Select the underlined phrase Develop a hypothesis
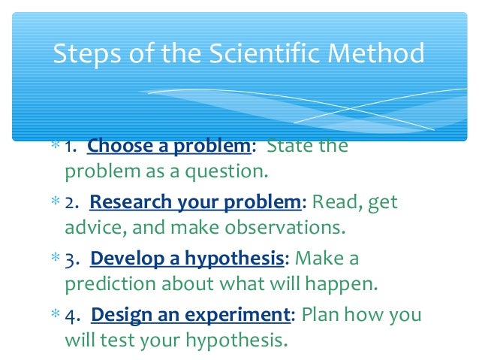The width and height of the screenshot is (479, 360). tap(187, 259)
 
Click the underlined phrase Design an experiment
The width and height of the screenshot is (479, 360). tap(188, 316)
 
